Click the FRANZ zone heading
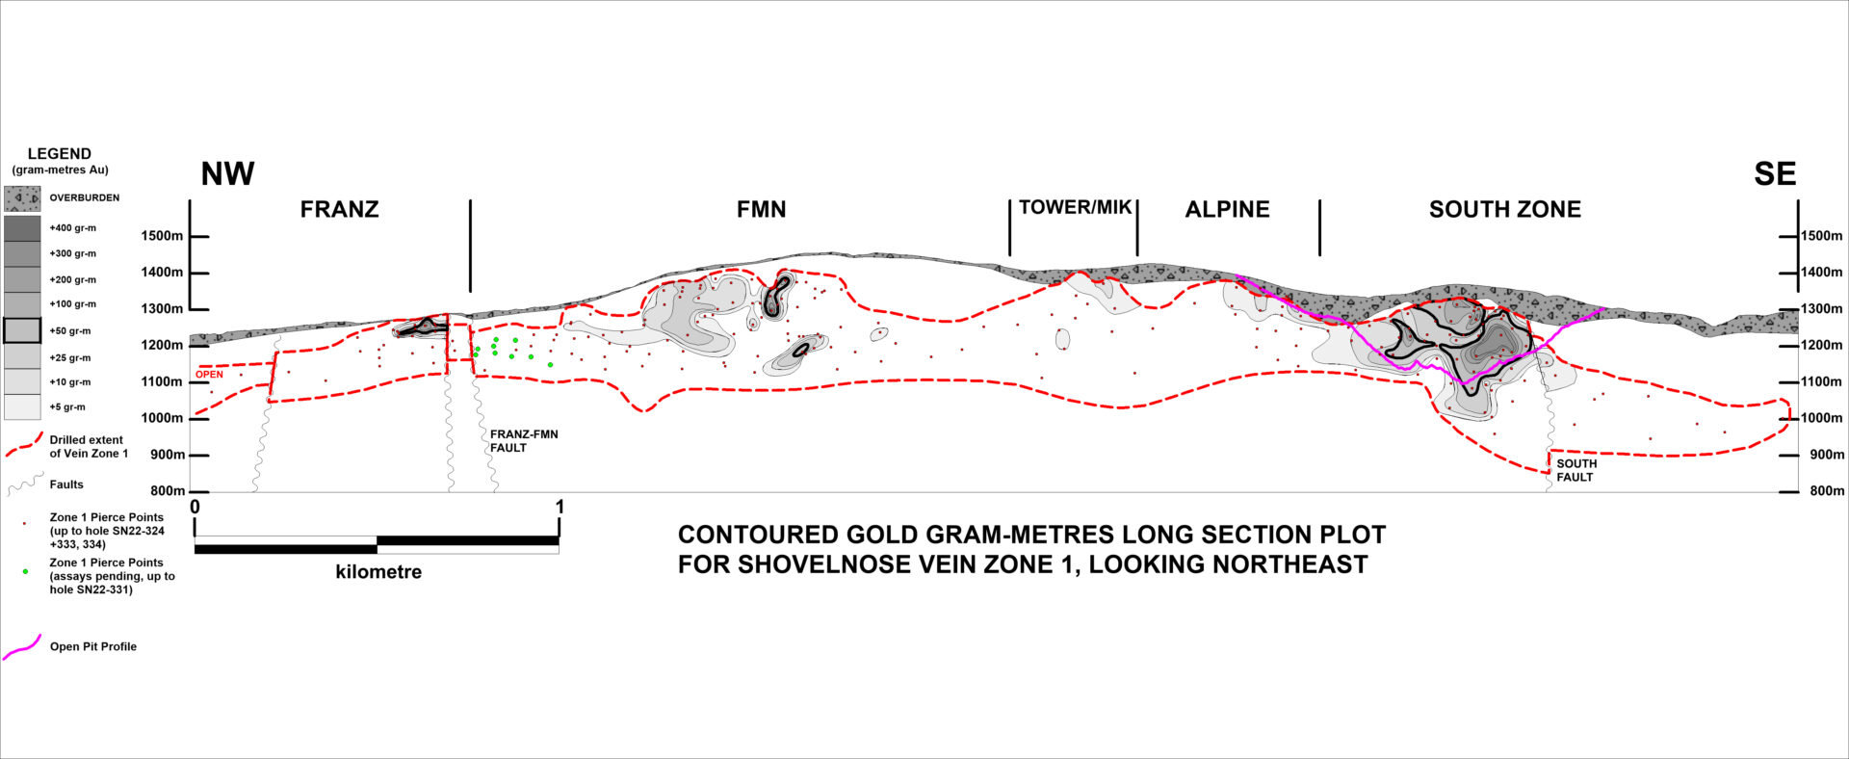point(339,210)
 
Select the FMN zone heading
point(761,210)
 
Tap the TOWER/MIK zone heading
point(1075,208)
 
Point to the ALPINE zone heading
point(1227,210)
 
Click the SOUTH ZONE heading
point(1504,210)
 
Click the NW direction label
point(227,174)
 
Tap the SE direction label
point(1775,174)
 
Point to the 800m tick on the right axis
point(1788,491)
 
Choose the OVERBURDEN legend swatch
point(22,198)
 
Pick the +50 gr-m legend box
point(22,331)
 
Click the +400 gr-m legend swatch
point(22,228)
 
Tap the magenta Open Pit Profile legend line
point(22,647)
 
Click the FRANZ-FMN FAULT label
point(523,441)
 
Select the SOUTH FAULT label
point(1576,470)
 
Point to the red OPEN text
point(209,375)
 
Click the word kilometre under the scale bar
point(378,572)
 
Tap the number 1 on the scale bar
point(560,507)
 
